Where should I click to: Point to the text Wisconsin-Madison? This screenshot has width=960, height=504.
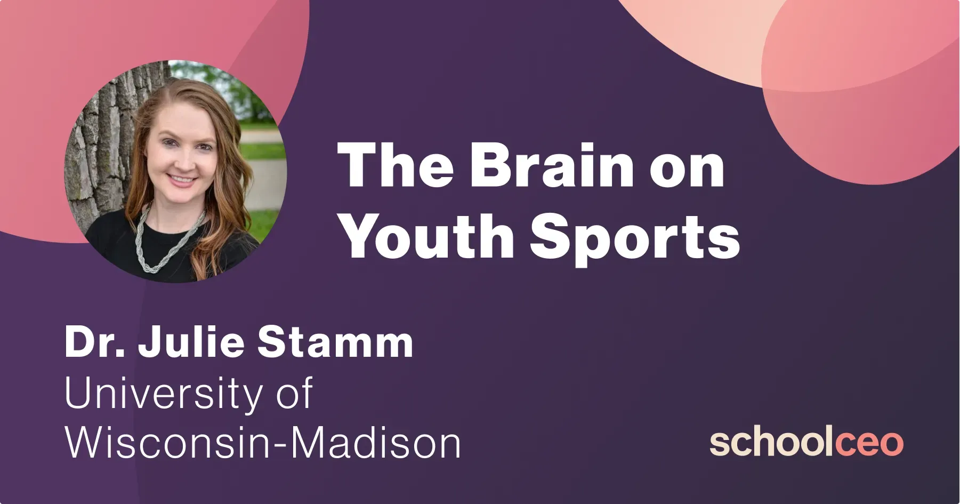(x=262, y=443)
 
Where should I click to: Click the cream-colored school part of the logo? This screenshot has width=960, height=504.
(x=771, y=443)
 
